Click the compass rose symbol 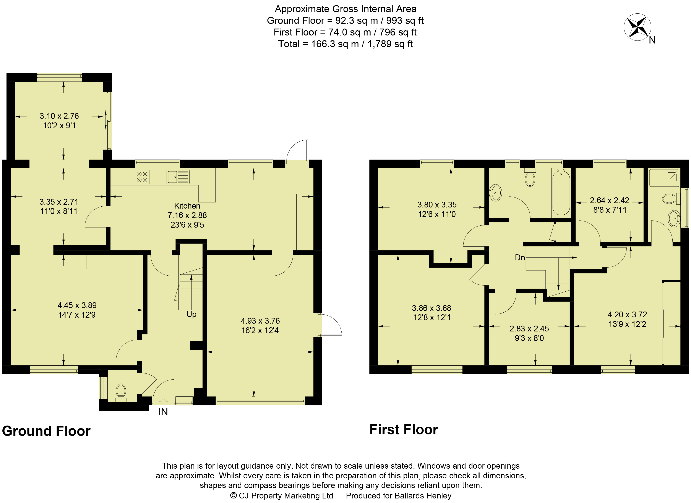637,27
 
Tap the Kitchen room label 187,206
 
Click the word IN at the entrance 163,412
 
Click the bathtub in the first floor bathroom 561,193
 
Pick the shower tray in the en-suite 664,178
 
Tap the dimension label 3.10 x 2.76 59,116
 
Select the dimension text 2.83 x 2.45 529,329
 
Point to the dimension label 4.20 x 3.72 627,315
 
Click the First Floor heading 404,430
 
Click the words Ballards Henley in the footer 423,496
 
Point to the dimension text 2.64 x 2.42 610,200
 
